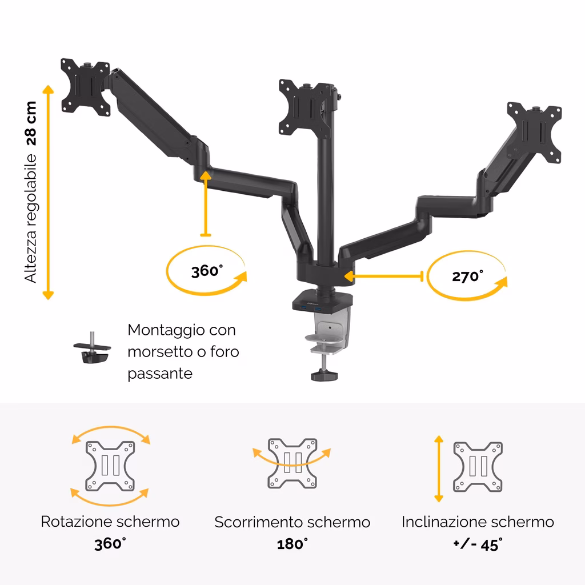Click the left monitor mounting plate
click(86, 87)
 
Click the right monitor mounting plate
click(534, 132)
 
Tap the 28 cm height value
click(31, 123)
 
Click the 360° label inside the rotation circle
click(207, 271)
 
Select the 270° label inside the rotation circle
click(467, 277)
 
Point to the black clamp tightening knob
click(324, 375)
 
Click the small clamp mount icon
click(92, 348)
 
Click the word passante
click(160, 374)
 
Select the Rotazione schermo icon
click(110, 466)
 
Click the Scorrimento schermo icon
click(292, 463)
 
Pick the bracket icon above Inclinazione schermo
click(478, 467)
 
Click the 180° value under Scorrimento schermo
click(292, 544)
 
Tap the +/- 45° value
click(478, 544)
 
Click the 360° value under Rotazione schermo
click(110, 544)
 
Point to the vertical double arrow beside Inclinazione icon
click(439, 468)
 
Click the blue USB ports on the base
click(310, 308)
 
